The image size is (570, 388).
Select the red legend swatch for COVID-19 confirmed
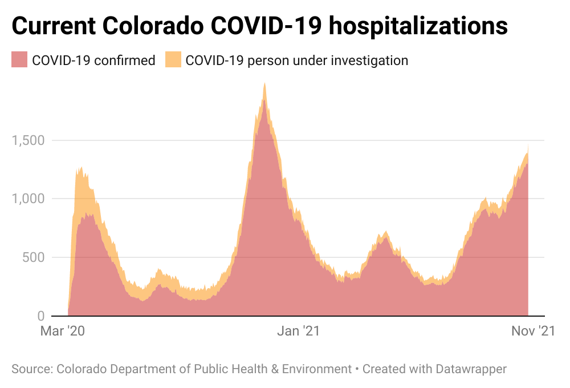tap(19, 60)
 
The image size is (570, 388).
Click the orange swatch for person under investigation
tap(173, 60)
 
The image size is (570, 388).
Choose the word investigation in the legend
tap(370, 60)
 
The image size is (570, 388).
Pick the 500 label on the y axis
tap(32, 257)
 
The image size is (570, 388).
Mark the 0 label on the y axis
tap(40, 316)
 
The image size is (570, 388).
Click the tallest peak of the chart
tap(264, 84)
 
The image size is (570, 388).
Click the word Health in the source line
tap(250, 369)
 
